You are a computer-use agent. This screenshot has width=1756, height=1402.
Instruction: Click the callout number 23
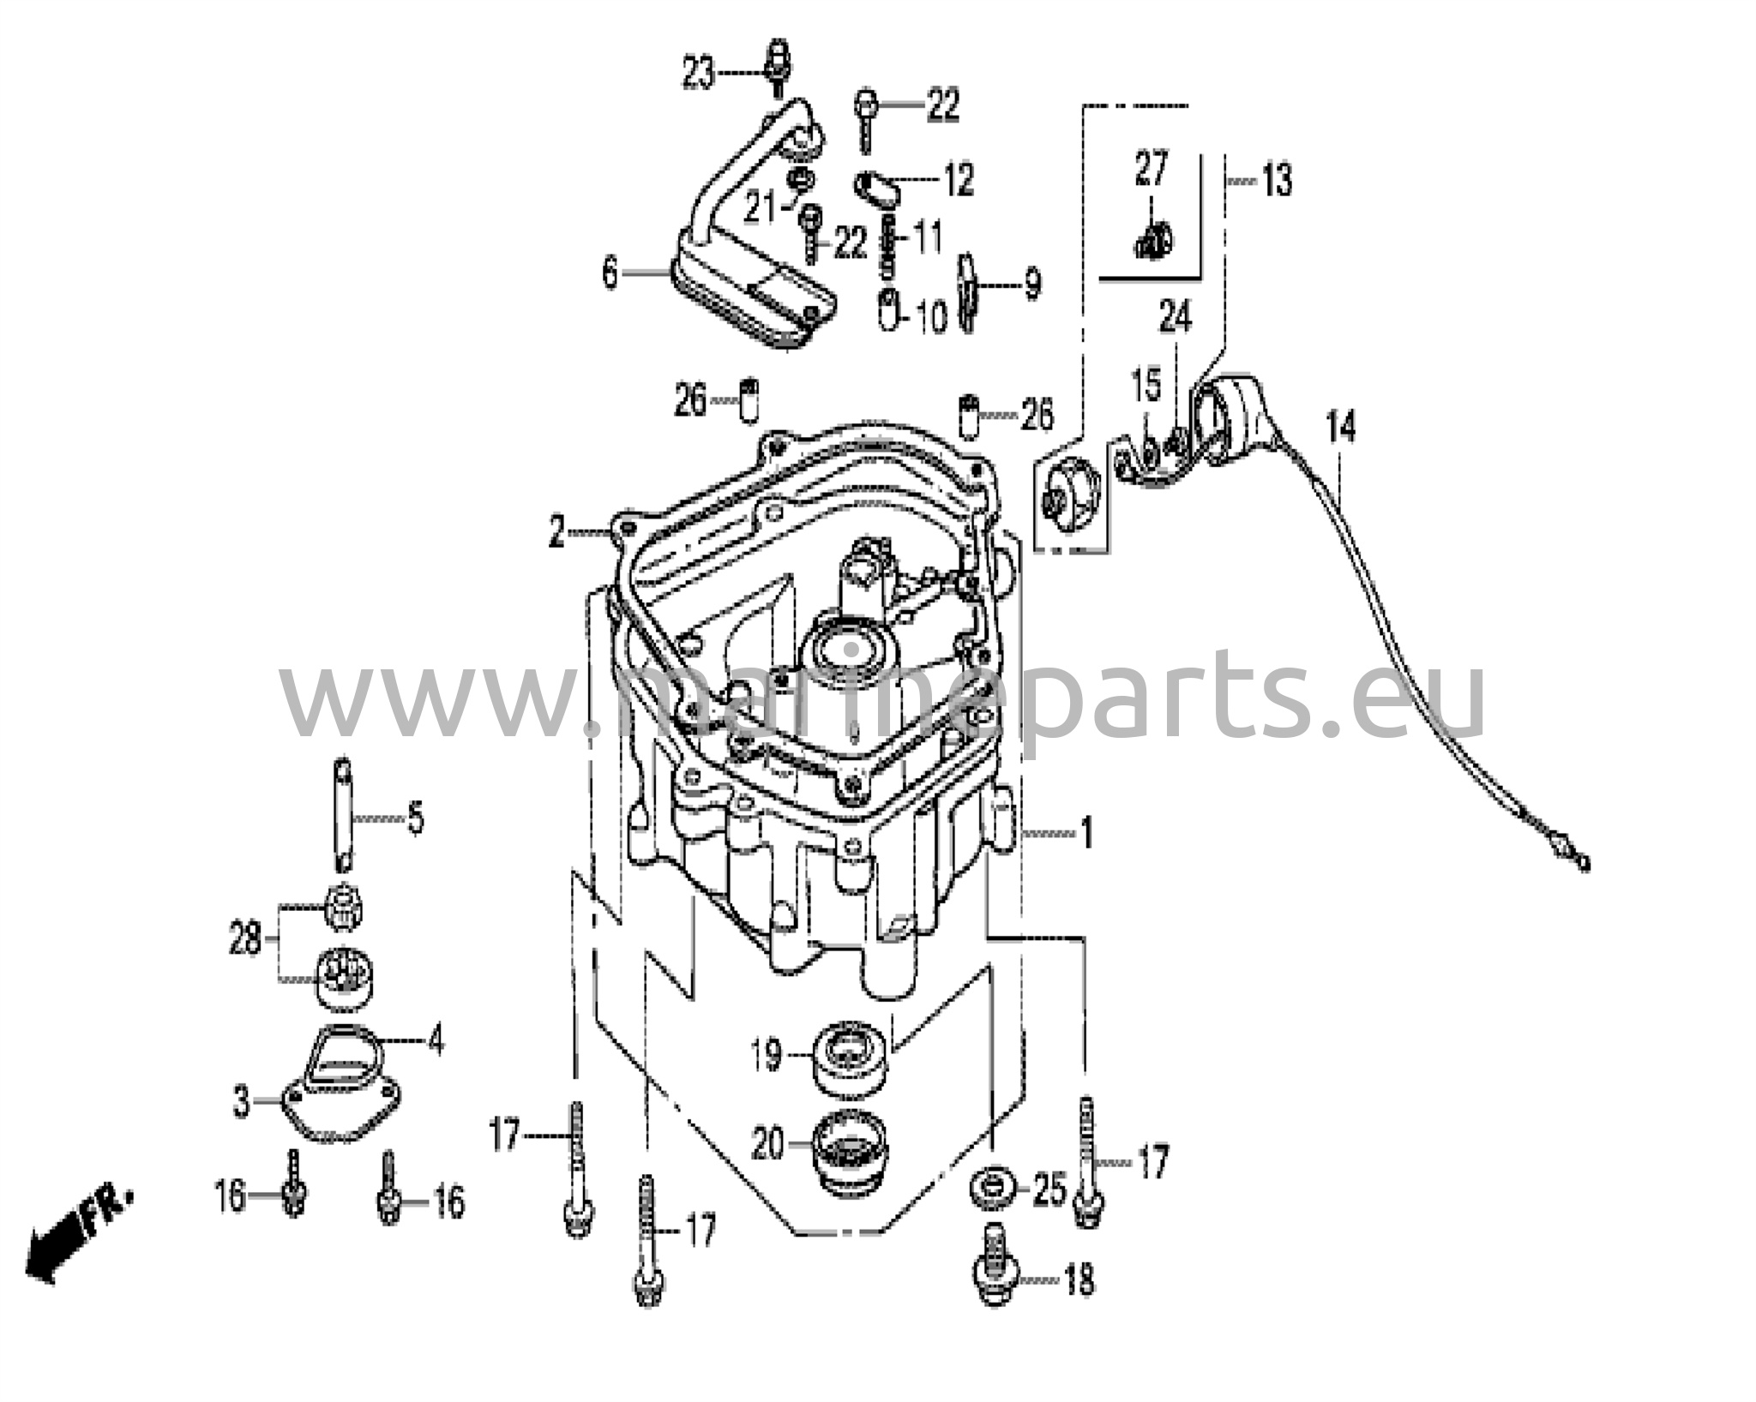[698, 74]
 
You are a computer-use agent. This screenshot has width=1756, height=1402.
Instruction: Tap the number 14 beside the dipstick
[1340, 426]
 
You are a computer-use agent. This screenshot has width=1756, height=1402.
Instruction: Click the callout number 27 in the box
[1151, 168]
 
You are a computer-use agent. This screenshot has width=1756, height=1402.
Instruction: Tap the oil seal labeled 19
[851, 1059]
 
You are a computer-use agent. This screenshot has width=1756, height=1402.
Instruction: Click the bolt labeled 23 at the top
[777, 66]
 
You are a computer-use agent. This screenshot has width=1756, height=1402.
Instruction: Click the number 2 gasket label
[557, 534]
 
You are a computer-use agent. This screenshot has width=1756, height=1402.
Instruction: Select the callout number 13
[1277, 182]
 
